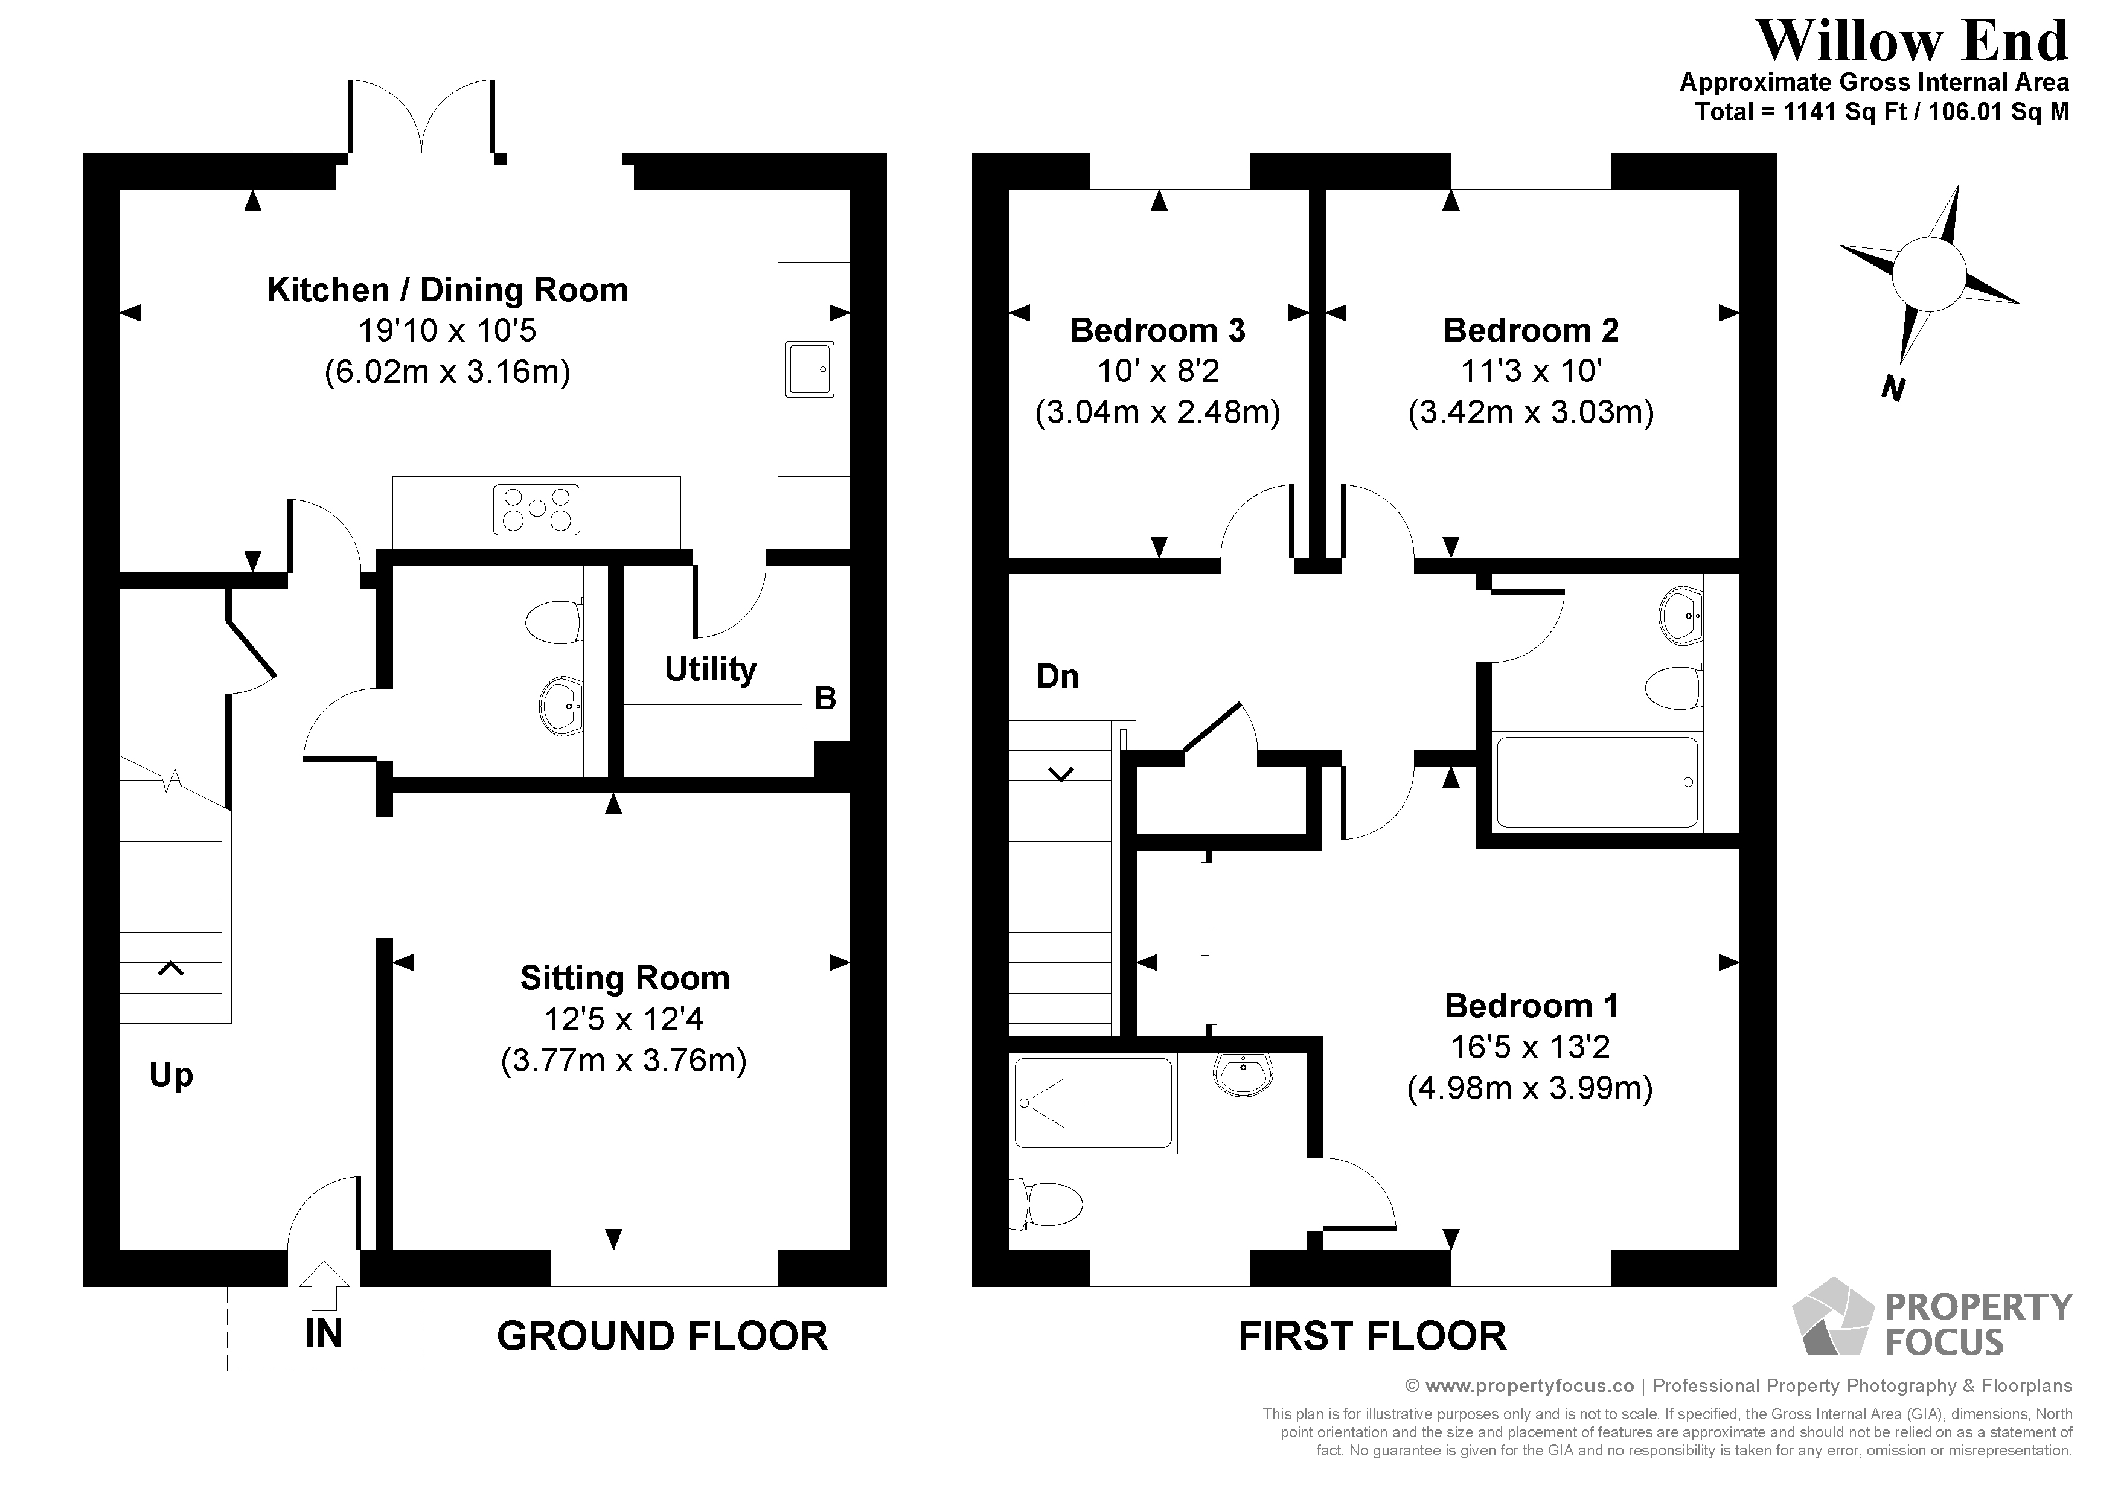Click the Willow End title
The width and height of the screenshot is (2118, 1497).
tap(1912, 42)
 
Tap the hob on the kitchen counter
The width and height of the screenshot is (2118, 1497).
tap(536, 509)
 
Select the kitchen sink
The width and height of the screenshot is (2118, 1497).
tap(810, 369)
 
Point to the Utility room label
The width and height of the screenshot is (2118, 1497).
tap(710, 669)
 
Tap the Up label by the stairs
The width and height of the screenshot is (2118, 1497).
tap(171, 1074)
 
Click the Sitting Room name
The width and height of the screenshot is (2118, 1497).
tap(624, 978)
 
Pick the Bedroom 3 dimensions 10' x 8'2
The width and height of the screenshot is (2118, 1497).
tap(1157, 371)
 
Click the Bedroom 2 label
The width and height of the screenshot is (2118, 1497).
tap(1531, 330)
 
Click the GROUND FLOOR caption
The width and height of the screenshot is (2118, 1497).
tap(661, 1336)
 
